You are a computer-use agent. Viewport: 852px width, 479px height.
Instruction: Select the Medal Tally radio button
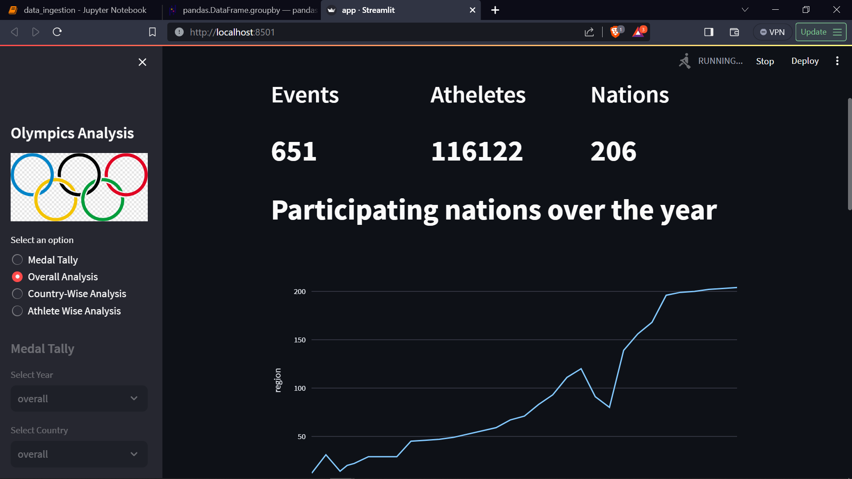(x=17, y=260)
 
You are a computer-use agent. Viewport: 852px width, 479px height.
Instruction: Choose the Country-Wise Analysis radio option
(x=17, y=294)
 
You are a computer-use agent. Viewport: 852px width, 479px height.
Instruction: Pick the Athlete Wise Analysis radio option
(x=17, y=311)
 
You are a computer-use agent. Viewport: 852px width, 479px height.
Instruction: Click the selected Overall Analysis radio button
(x=17, y=277)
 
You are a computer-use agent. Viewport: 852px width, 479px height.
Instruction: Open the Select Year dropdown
(x=79, y=399)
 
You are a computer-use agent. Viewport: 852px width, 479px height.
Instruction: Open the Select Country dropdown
(x=79, y=454)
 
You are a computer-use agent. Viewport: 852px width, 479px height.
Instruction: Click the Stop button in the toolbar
(x=765, y=61)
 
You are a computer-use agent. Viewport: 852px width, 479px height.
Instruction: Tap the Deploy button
(x=805, y=61)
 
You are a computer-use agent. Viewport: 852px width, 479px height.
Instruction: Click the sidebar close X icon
(x=142, y=62)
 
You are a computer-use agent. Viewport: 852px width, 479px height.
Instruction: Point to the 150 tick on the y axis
(x=300, y=340)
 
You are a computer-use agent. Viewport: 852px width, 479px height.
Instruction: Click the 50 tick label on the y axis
(x=301, y=437)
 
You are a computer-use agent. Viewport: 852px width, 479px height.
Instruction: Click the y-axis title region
(x=278, y=380)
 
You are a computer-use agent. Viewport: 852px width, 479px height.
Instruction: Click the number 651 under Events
(x=294, y=151)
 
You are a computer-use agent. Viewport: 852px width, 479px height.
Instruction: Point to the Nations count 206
(x=613, y=151)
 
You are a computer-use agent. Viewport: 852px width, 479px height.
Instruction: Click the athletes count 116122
(x=477, y=151)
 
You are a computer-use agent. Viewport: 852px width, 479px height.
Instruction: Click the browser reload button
(x=57, y=32)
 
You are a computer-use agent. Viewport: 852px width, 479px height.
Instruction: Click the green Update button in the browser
(x=820, y=32)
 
